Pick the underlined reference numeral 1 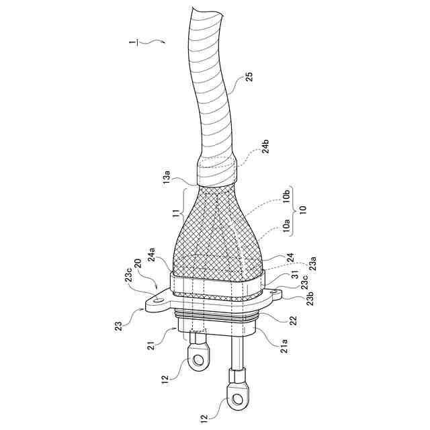(x=136, y=43)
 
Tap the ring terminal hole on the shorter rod (x=198, y=361)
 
